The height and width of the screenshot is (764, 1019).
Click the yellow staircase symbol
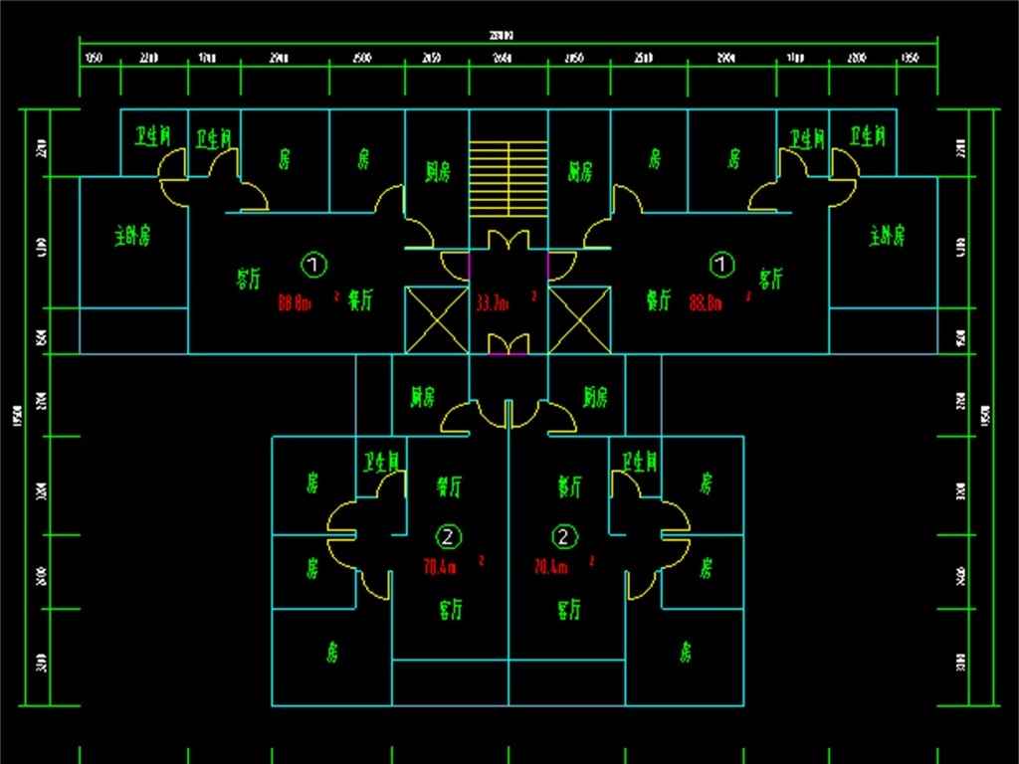[x=508, y=178]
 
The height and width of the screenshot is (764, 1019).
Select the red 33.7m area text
[x=492, y=301]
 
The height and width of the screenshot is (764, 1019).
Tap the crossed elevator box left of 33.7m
[x=436, y=318]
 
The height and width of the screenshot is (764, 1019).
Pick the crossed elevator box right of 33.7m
[x=579, y=318]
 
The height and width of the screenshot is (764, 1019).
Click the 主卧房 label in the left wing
[x=132, y=237]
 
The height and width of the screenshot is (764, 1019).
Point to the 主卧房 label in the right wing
[x=887, y=237]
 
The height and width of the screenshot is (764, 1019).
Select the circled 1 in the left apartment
[x=313, y=265]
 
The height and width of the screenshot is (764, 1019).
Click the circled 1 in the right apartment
[x=720, y=265]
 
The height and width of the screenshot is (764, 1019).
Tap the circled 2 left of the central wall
[x=451, y=537]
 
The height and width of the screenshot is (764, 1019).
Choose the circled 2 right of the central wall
[x=565, y=537]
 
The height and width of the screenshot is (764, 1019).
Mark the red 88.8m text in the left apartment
[x=295, y=302]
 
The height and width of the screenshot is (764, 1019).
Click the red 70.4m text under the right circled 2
[x=551, y=567]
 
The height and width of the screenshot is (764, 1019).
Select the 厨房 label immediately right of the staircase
[x=580, y=172]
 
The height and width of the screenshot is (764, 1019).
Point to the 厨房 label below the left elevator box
[x=423, y=397]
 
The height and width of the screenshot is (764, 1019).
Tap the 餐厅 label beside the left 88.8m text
[x=360, y=300]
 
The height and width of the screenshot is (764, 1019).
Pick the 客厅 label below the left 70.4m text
[x=451, y=608]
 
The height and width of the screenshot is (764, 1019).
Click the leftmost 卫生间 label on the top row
[x=154, y=136]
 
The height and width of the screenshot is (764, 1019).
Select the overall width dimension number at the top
[x=508, y=36]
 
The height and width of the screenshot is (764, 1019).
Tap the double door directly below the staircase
[x=508, y=240]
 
